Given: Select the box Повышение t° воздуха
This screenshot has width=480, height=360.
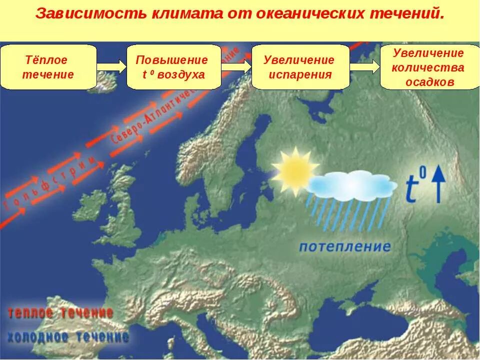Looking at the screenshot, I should [x=173, y=67].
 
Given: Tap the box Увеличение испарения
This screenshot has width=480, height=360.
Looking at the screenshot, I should [x=299, y=67].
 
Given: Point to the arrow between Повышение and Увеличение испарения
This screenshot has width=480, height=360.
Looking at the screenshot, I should [x=235, y=67].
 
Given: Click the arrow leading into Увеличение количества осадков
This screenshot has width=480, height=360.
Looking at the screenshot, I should [x=364, y=66].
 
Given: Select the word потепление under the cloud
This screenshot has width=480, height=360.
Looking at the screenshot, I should [x=345, y=246].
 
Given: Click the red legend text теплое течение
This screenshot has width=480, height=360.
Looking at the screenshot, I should [x=60, y=313].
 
